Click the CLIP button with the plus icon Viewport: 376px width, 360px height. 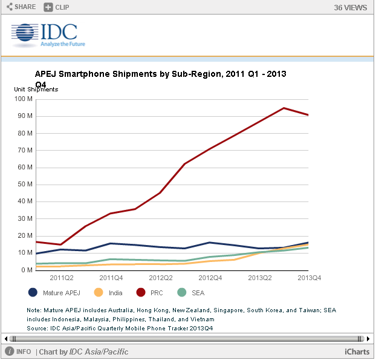(x=57, y=7)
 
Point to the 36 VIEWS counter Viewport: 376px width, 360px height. (x=351, y=8)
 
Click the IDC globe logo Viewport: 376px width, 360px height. (x=24, y=36)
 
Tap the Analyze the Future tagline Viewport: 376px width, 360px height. (x=63, y=44)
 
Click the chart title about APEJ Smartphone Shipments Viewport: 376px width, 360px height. (x=160, y=74)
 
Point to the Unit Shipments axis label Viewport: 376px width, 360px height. (x=36, y=90)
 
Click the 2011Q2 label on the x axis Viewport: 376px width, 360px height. (x=61, y=278)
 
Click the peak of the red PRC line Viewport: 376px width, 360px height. (x=284, y=108)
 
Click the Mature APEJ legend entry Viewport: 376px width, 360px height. (x=54, y=293)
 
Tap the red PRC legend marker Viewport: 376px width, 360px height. (x=141, y=293)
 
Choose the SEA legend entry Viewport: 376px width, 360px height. (x=189, y=293)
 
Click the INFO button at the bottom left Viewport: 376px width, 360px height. (x=19, y=352)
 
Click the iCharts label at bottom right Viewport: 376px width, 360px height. (x=357, y=352)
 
